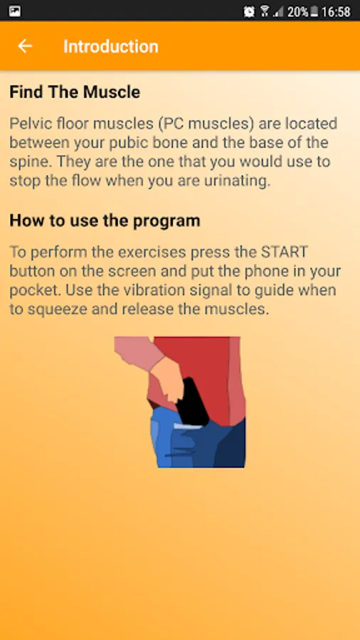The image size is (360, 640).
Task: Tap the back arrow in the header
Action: point(24,46)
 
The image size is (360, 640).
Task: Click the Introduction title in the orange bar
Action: point(110,46)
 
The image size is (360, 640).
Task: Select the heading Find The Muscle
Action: point(75,92)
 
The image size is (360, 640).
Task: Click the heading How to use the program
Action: point(105,220)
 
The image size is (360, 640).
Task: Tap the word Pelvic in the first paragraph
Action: point(30,123)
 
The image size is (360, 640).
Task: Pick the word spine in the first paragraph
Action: point(30,162)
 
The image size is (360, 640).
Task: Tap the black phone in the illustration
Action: point(193,402)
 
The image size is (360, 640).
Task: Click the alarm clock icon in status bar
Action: point(249,11)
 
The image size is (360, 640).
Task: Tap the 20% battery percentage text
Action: point(297,12)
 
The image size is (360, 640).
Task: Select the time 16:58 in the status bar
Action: point(336,12)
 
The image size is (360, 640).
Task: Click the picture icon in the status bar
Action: point(15,11)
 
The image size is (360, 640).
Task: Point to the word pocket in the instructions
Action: point(35,290)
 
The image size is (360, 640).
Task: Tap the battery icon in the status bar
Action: point(314,12)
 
